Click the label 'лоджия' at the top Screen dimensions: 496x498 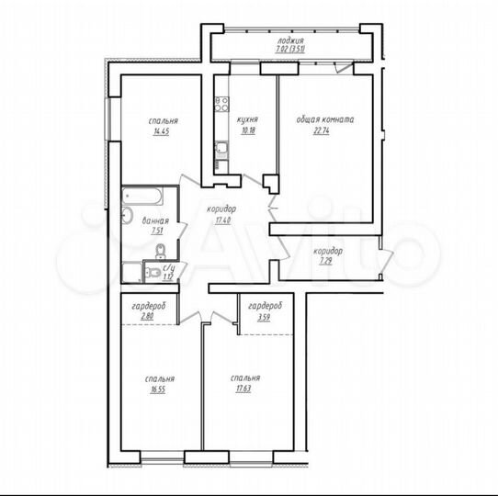pyautogui.click(x=292, y=42)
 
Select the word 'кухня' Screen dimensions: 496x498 pyautogui.click(x=245, y=119)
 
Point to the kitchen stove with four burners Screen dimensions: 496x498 pyautogui.click(x=221, y=104)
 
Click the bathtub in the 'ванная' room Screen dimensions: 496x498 pyautogui.click(x=143, y=197)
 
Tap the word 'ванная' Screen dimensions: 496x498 pyautogui.click(x=154, y=220)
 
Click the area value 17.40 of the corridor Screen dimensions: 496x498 pyautogui.click(x=223, y=221)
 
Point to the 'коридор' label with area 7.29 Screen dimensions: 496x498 pyautogui.click(x=328, y=251)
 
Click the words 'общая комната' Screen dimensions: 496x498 pyautogui.click(x=324, y=120)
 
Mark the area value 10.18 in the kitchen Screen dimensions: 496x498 pyautogui.click(x=245, y=131)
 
